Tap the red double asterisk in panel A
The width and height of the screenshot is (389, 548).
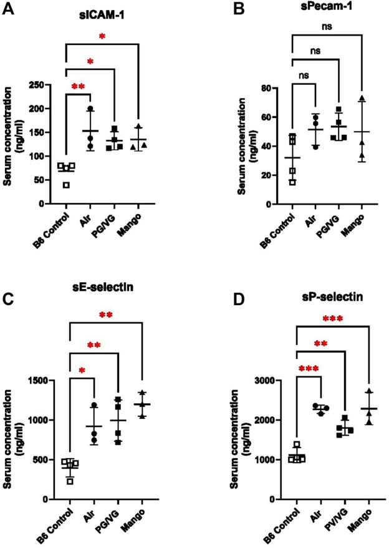tap(79, 86)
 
